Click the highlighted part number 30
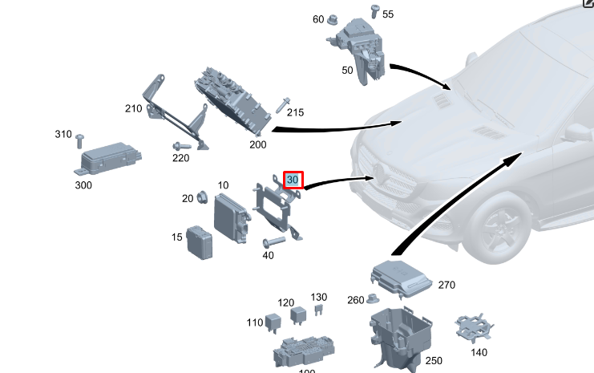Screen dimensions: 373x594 coord(293,180)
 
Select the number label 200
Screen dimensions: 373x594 coord(257,144)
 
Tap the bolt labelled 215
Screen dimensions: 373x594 coord(283,104)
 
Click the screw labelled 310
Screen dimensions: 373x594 coord(79,140)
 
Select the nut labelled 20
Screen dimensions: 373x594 coord(202,196)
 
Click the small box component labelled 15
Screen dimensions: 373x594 coord(200,241)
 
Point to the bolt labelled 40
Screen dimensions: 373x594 coord(273,242)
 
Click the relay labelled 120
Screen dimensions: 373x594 coord(298,314)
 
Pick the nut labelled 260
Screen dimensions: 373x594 coord(372,300)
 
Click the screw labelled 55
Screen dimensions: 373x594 coord(374,10)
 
